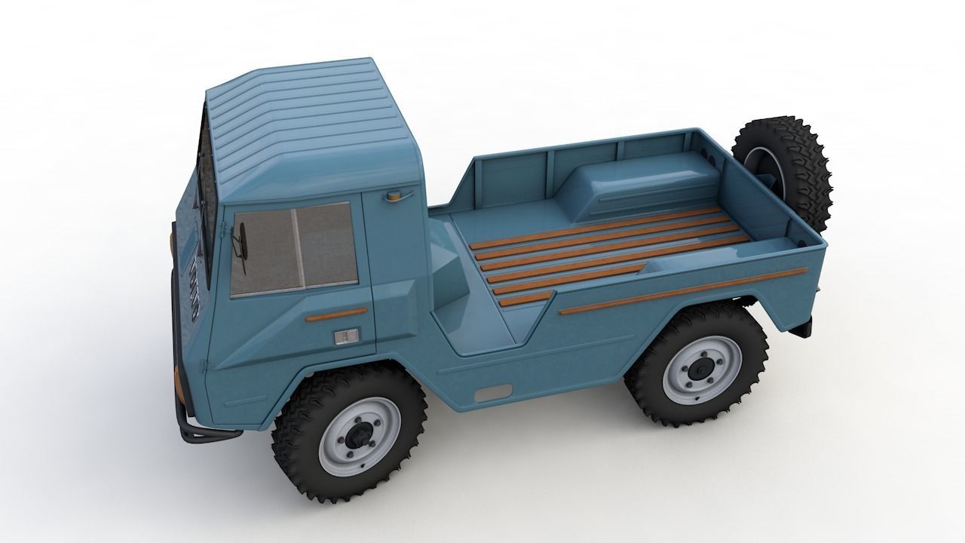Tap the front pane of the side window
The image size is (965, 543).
263,253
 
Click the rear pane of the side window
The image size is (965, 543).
326,243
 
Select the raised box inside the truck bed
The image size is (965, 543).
648,185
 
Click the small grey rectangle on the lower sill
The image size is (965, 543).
493,392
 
